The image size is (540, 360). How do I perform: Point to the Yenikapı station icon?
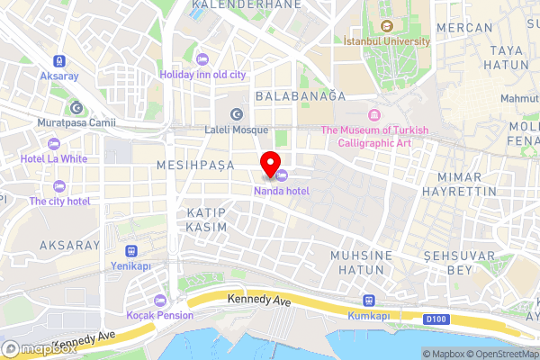pos(132,251)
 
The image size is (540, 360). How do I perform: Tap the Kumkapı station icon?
pos(367,301)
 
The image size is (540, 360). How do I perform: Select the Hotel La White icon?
pos(54,143)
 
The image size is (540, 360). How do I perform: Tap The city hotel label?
pos(59,201)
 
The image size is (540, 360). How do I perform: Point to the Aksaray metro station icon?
pos(58,61)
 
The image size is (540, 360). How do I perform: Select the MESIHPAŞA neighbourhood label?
pos(194,166)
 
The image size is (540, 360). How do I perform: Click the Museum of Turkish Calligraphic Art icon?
pos(374,115)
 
